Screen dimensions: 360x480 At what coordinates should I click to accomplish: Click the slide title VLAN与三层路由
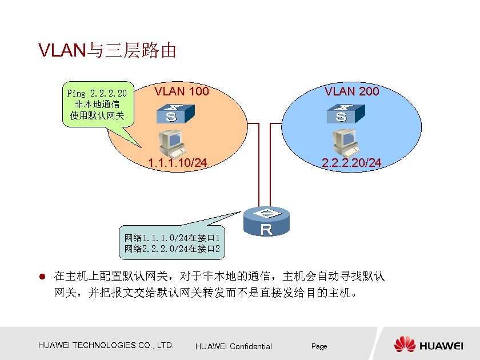[x=107, y=51]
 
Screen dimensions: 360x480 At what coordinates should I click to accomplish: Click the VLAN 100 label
[x=182, y=91]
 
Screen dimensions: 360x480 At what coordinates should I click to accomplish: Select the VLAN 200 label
[x=351, y=91]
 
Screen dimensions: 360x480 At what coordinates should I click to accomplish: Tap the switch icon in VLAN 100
[x=171, y=114]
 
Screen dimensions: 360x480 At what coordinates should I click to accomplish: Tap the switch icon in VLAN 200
[x=342, y=114]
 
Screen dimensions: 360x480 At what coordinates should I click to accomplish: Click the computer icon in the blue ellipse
[x=345, y=142]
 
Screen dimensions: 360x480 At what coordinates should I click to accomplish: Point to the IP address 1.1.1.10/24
[x=177, y=163]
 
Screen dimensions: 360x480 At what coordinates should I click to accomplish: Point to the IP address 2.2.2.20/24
[x=351, y=163]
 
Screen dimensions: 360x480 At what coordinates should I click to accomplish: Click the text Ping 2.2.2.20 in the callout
[x=97, y=93]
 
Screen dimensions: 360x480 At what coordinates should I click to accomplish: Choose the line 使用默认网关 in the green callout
[x=97, y=115]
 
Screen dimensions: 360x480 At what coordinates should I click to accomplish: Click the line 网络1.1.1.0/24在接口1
[x=173, y=237]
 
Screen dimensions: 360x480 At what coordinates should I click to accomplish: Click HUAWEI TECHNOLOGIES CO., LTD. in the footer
[x=106, y=345]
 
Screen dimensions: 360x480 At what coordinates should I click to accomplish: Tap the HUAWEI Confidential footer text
[x=233, y=346]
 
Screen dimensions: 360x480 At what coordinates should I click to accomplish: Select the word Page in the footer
[x=319, y=346]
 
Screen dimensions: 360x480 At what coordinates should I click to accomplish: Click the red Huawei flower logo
[x=405, y=345]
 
